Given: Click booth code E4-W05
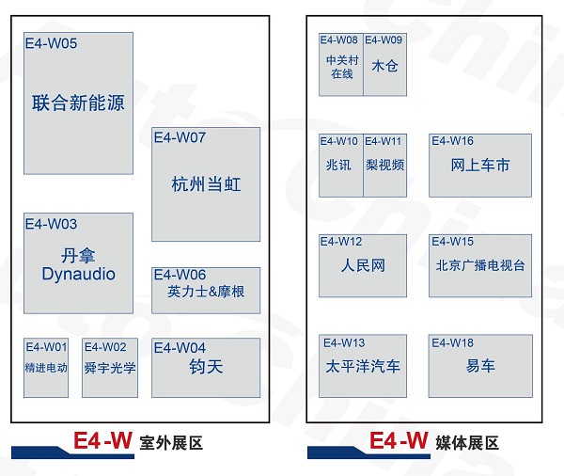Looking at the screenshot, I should (x=52, y=43).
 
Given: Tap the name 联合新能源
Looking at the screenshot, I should (x=78, y=103).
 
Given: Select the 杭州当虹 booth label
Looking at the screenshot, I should (x=206, y=183).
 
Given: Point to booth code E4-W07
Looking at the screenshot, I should (x=180, y=137).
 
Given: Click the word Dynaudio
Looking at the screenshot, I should (x=78, y=274).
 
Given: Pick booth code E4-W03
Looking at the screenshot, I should (x=52, y=224).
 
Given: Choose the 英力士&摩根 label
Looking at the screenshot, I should (x=206, y=292).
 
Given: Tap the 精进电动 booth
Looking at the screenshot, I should (x=46, y=368).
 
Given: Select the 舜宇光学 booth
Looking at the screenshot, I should (x=110, y=368).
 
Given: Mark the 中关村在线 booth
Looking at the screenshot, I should (x=340, y=67).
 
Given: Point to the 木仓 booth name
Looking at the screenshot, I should (x=384, y=67).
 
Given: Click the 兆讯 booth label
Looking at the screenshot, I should (x=339, y=165).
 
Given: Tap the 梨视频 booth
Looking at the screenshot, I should (x=384, y=165).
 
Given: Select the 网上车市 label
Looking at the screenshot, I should (x=480, y=165).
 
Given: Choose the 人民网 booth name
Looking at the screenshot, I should (x=363, y=266).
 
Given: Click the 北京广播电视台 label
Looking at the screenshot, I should (x=480, y=265).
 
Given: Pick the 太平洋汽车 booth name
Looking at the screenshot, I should (x=363, y=366).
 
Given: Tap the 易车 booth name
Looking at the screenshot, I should (x=480, y=366).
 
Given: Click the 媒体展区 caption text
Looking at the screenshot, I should (x=466, y=443).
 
